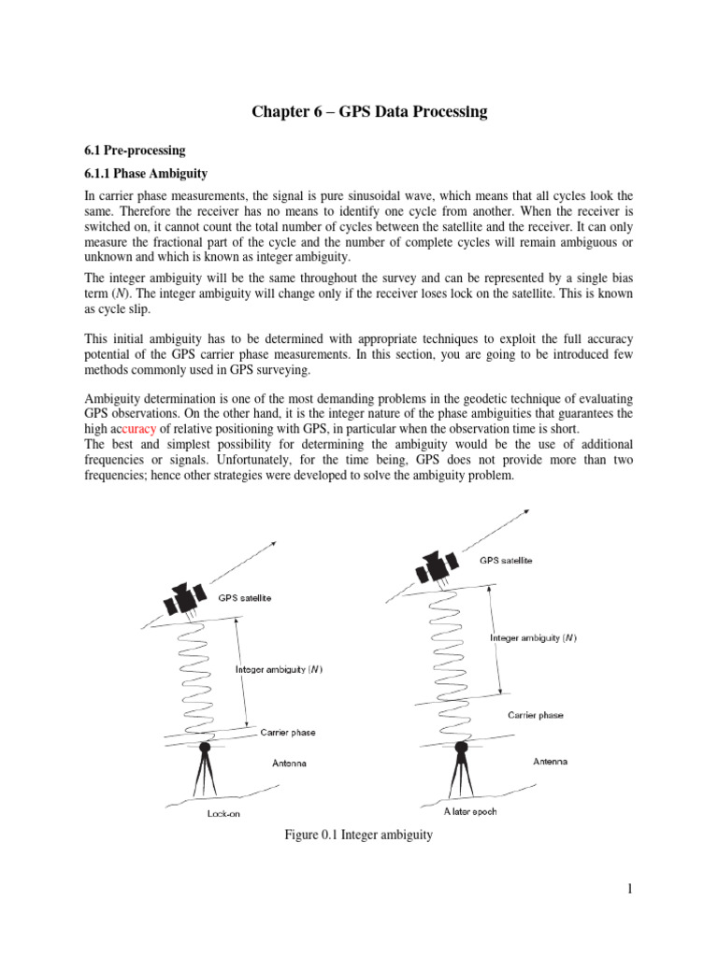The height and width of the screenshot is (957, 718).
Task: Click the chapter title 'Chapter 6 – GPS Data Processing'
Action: (369, 112)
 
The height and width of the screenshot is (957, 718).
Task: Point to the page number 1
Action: (631, 889)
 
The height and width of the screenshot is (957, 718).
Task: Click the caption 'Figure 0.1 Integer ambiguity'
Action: (359, 835)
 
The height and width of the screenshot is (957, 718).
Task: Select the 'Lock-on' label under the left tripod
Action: (223, 813)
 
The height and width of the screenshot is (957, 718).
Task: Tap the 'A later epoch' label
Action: (470, 811)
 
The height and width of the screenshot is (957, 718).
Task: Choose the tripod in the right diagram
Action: (461, 774)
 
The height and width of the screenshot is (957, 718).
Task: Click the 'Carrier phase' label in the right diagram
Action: (536, 715)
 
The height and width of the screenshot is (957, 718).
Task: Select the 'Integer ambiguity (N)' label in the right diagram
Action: (533, 637)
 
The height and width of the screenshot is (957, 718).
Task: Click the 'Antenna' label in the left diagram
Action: (289, 764)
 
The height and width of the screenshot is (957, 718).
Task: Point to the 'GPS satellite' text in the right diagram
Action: (509, 561)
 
